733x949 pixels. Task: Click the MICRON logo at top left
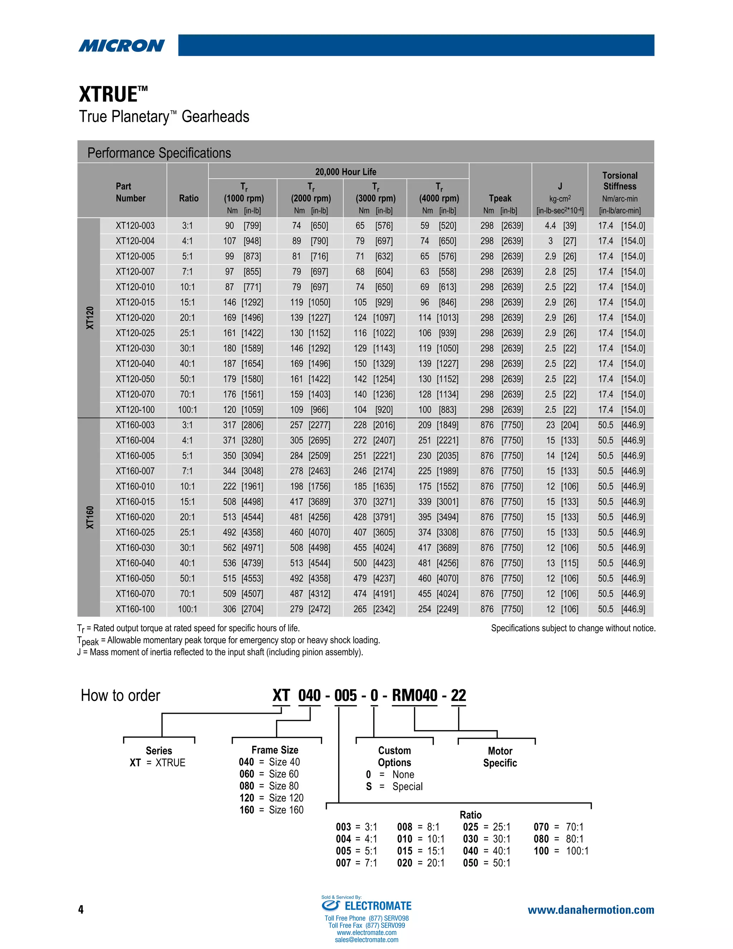pos(122,45)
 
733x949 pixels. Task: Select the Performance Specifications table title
pos(159,153)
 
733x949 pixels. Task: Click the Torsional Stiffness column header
pos(620,181)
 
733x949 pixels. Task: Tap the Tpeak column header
pos(500,198)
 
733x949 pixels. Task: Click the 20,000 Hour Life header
pos(346,172)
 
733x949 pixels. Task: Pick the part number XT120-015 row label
pos(135,303)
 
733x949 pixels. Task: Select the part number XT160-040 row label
pos(135,563)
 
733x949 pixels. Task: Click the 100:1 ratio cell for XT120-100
pos(187,410)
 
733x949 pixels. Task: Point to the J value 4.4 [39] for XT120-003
pos(560,226)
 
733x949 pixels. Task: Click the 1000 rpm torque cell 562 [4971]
pos(243,548)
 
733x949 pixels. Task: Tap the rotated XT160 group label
pos(89,517)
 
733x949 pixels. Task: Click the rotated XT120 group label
pos(89,318)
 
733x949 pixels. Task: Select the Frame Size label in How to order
pos(275,750)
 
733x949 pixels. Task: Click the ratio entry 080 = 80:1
pos(558,839)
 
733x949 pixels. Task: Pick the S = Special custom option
pos(394,786)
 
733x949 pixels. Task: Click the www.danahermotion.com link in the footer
pos(591,910)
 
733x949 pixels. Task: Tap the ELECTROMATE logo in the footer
pos(366,906)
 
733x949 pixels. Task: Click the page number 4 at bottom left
pos(81,910)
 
